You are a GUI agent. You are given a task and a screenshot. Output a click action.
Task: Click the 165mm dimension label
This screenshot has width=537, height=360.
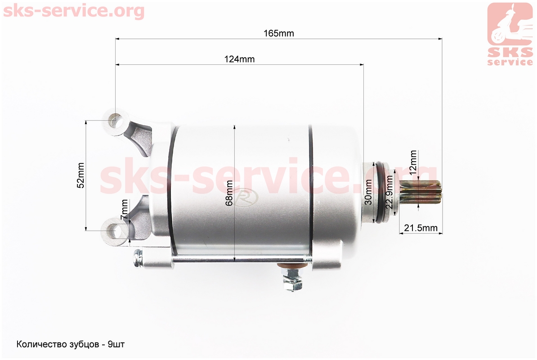(279, 33)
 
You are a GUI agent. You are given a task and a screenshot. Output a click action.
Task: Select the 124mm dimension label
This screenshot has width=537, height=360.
(239, 59)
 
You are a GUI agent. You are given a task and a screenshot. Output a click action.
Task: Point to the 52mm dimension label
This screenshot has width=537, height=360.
(81, 175)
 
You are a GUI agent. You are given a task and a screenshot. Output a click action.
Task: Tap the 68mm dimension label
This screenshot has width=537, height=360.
(229, 193)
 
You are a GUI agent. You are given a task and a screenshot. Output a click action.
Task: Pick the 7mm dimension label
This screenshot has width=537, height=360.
(125, 210)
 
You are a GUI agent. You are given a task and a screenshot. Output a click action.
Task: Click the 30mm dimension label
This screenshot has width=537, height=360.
(368, 192)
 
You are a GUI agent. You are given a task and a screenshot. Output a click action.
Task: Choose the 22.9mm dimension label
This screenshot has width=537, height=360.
(389, 192)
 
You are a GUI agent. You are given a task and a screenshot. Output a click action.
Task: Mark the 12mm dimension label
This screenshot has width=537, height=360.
(413, 162)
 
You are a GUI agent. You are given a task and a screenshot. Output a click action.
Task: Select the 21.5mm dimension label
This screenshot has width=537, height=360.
(421, 228)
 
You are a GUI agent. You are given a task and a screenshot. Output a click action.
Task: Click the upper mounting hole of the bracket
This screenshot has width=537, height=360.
(116, 121)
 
